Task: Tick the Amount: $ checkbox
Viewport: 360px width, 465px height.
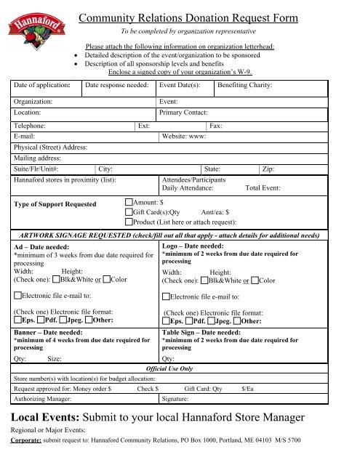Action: click(129, 201)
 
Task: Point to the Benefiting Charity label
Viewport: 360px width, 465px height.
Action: click(244, 86)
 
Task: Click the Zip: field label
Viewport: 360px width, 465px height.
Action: click(268, 167)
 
